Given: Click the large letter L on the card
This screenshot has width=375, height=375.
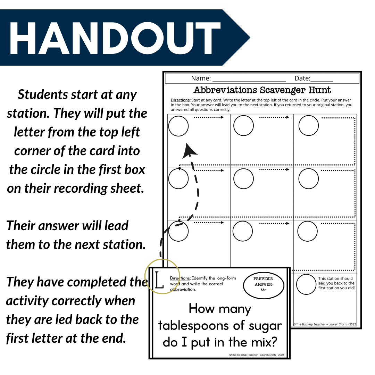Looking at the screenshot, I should pyautogui.click(x=159, y=280).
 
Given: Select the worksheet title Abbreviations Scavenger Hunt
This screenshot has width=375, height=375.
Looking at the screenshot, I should pyautogui.click(x=262, y=90).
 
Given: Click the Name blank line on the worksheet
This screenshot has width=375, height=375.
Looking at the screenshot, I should pyautogui.click(x=249, y=78).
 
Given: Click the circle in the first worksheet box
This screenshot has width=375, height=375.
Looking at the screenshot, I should pyautogui.click(x=178, y=126).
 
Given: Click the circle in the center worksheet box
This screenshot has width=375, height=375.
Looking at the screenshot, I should pyautogui.click(x=243, y=179).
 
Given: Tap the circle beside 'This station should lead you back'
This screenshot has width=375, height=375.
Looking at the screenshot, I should pyautogui.click(x=307, y=284).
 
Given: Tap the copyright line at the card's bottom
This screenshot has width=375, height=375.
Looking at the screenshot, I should pyautogui.click(x=257, y=355).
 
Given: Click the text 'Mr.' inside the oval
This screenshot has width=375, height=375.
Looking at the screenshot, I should pyautogui.click(x=263, y=290).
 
